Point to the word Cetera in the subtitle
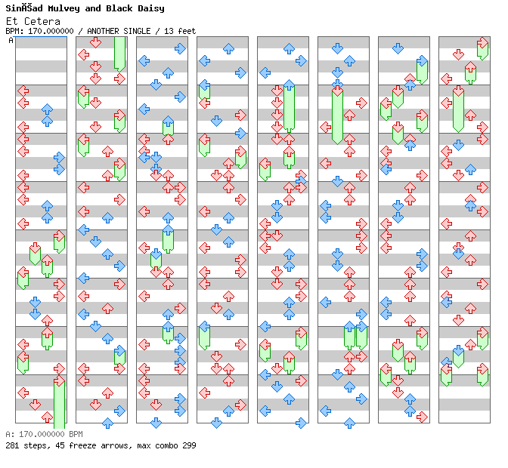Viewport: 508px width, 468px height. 42,21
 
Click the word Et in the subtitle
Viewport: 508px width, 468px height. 12,21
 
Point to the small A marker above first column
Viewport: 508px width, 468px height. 11,40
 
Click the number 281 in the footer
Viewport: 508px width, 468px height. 12,445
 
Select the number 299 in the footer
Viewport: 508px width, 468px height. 189,445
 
